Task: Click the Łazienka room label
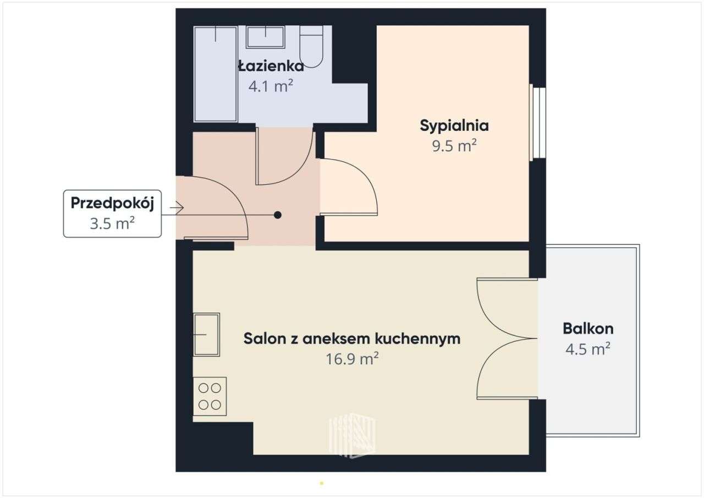[x=271, y=67]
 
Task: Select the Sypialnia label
[x=454, y=125]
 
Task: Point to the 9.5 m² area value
[x=454, y=146]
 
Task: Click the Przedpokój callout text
[x=112, y=203]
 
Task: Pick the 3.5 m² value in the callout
[x=112, y=223]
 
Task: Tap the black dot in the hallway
[x=278, y=215]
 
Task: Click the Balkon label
[x=588, y=329]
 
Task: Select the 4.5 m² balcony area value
[x=588, y=349]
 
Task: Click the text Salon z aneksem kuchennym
[x=352, y=338]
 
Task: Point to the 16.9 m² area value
[x=352, y=359]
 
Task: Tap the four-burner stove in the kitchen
[x=210, y=396]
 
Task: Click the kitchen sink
[x=206, y=334]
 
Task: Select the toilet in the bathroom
[x=311, y=47]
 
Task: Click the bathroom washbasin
[x=265, y=37]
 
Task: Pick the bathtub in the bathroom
[x=216, y=74]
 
